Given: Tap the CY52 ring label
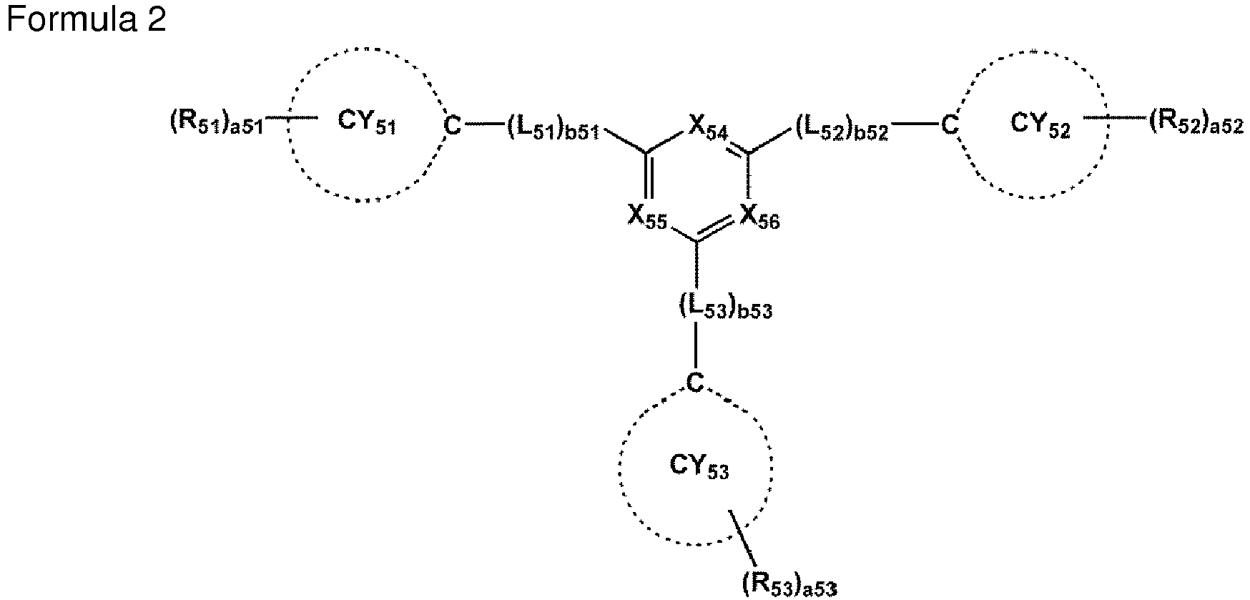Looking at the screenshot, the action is pos(1040,124).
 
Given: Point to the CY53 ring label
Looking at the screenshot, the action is pos(699,467).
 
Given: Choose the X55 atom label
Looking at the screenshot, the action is pos(647,216).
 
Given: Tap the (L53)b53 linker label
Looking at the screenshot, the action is pos(725,308).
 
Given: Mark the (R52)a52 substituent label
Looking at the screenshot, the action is pos(1196,124).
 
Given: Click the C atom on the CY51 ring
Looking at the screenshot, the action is pos(453,126).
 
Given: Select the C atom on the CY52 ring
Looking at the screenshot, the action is pos(949,126).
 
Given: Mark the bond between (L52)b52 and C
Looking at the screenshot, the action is pos(915,126).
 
